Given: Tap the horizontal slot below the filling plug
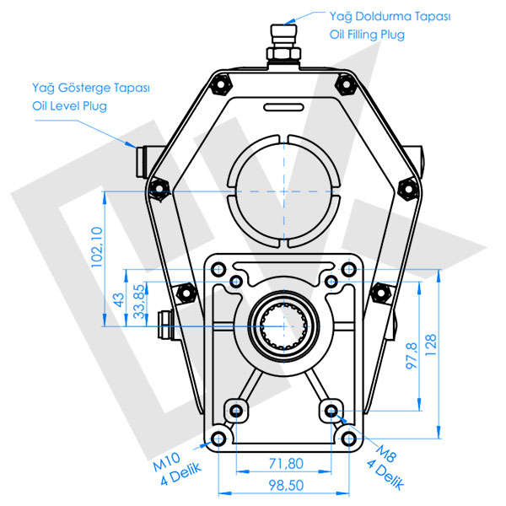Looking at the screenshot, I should [x=283, y=107].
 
